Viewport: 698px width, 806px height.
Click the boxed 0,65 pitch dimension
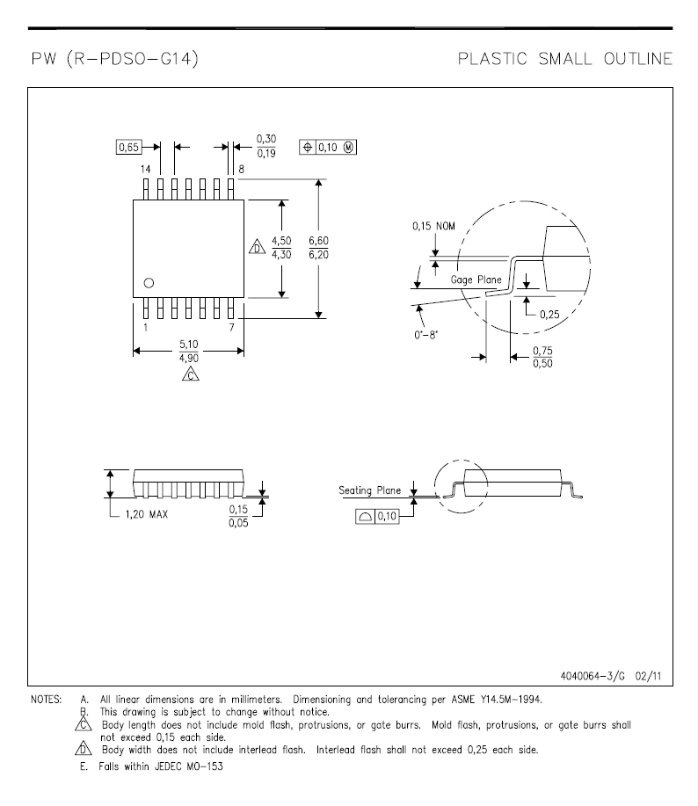point(128,148)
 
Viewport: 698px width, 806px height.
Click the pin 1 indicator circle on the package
point(149,283)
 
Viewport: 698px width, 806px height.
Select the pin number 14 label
point(145,169)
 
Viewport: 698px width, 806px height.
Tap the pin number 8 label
point(241,169)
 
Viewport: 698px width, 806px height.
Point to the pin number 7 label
point(232,328)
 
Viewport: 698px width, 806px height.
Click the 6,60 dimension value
point(319,241)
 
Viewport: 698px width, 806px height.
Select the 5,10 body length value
point(189,345)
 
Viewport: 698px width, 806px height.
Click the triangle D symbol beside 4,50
point(257,247)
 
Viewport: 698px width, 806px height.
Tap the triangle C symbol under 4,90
point(190,374)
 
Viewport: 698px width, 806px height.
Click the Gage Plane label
point(476,280)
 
